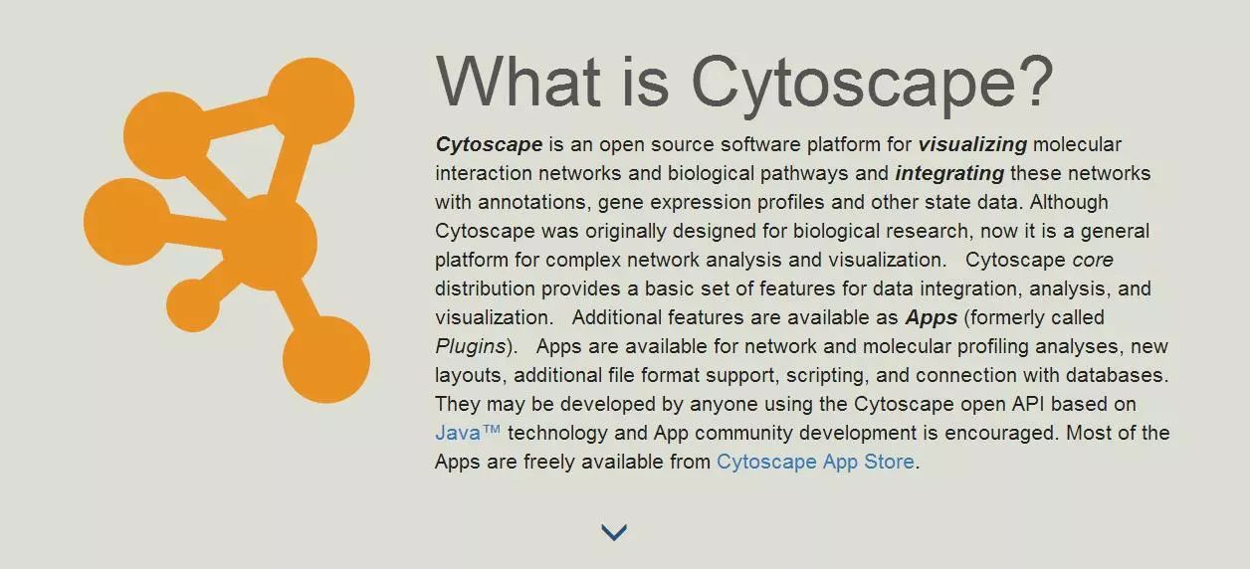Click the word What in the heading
(x=518, y=82)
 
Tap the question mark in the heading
(x=1038, y=81)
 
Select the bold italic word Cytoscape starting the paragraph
(x=489, y=145)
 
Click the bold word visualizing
(x=972, y=145)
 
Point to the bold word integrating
(x=949, y=174)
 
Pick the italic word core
(x=1093, y=261)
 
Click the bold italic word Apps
(x=932, y=318)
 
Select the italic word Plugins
(x=471, y=347)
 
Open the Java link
(x=468, y=433)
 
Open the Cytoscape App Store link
(x=815, y=463)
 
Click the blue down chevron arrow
(x=614, y=532)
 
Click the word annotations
(x=534, y=203)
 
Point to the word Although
(x=1069, y=203)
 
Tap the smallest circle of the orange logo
(x=193, y=305)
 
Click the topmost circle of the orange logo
(x=311, y=101)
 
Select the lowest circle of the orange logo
(x=326, y=360)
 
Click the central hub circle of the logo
(x=270, y=243)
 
